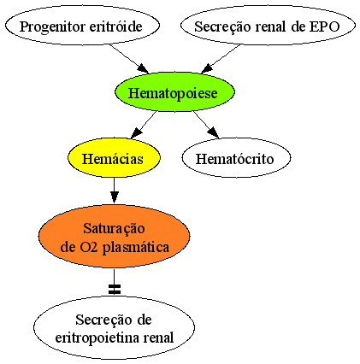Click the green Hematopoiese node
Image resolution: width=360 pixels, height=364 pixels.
point(174,91)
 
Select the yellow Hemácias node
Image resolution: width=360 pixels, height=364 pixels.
point(114,157)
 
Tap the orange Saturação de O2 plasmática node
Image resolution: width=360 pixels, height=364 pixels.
point(114,237)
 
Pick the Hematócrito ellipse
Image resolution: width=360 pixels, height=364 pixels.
point(236,157)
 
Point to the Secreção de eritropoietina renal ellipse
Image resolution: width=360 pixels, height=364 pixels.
point(114,328)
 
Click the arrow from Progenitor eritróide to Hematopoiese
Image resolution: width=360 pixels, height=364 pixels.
point(129,59)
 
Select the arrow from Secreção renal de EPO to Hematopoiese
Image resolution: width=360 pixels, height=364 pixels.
point(221,59)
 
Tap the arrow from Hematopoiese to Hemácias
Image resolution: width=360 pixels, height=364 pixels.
point(144,125)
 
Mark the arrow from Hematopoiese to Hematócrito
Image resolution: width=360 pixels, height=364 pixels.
point(206,125)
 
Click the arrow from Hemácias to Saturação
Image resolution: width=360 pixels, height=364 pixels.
point(114,191)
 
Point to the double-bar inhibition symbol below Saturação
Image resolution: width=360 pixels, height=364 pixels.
point(115,289)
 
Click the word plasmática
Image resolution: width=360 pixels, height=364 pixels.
point(136,248)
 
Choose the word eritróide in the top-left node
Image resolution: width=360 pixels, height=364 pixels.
point(115,26)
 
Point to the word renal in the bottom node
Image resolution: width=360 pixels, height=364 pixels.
point(158,338)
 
